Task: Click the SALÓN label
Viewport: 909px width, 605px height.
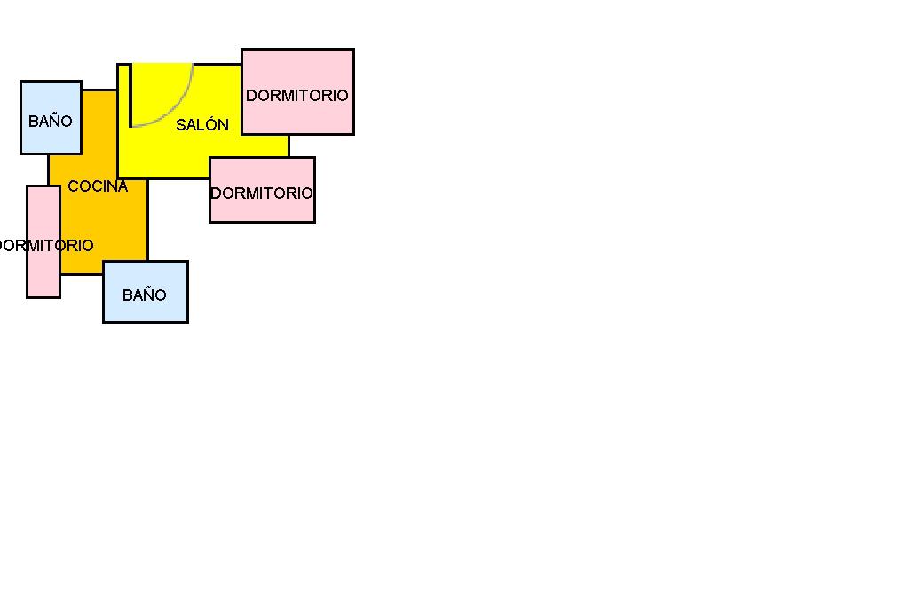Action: (x=202, y=125)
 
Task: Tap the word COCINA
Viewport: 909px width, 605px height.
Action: (x=98, y=186)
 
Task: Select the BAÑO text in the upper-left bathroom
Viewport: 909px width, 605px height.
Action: (x=51, y=122)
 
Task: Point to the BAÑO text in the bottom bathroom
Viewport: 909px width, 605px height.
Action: (x=145, y=295)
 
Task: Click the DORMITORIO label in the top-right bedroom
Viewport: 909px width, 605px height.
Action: (x=297, y=96)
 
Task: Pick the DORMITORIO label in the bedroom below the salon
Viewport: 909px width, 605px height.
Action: (x=262, y=193)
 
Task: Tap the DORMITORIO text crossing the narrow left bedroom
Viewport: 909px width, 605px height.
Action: (x=44, y=246)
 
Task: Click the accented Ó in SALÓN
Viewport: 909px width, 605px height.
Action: (x=212, y=125)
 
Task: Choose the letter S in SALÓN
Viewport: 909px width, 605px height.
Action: (x=181, y=125)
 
